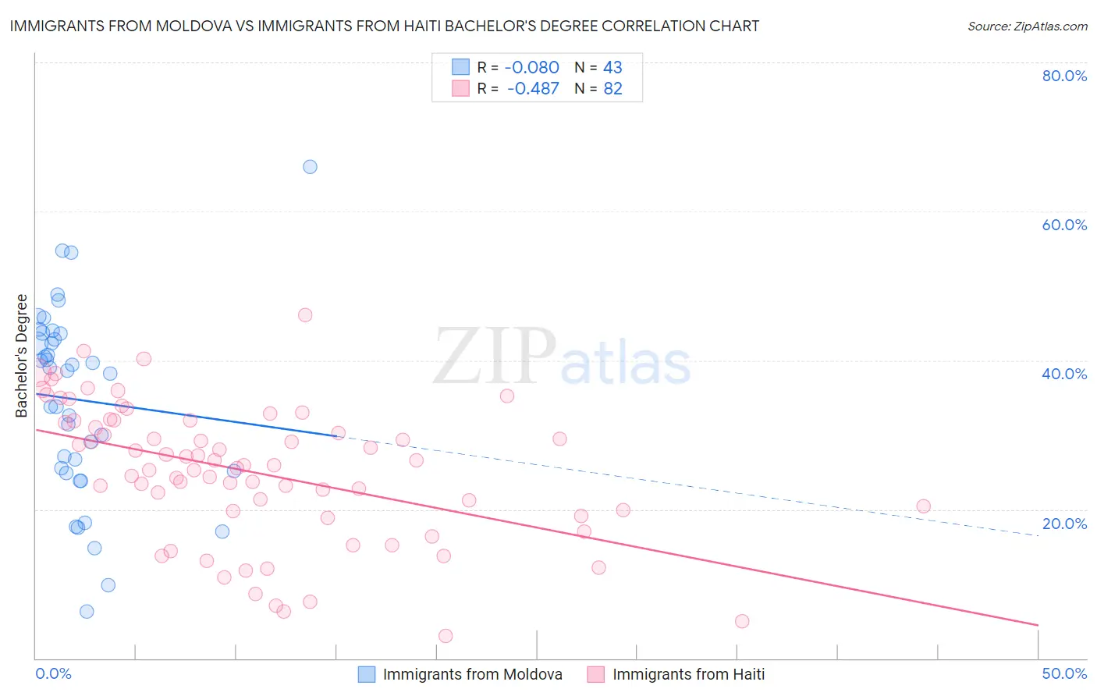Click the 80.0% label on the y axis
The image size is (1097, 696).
click(1064, 76)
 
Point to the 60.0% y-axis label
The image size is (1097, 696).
click(1064, 225)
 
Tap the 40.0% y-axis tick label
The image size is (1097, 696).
click(1064, 374)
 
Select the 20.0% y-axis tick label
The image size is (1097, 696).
click(1064, 524)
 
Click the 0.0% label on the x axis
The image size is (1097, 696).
click(53, 673)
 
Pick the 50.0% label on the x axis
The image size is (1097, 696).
click(1064, 673)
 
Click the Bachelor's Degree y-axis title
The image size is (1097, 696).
click(22, 356)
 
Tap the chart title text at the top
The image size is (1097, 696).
click(384, 27)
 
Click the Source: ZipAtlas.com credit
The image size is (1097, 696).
click(1027, 27)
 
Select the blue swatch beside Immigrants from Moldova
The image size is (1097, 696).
click(367, 674)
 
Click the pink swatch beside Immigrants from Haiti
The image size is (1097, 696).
click(596, 674)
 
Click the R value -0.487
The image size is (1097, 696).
click(533, 89)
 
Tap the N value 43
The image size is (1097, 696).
click(612, 68)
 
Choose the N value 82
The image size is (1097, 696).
click(612, 89)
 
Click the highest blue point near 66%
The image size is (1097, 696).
click(310, 166)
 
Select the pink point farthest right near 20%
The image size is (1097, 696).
click(923, 506)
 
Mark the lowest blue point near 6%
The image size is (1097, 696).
click(87, 611)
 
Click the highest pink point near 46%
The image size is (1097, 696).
click(305, 315)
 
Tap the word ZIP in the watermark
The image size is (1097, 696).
click(494, 357)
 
